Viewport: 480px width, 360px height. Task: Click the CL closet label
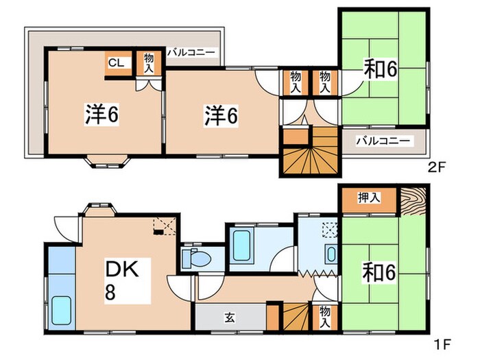point(115,62)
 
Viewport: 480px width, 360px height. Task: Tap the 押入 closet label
point(369,198)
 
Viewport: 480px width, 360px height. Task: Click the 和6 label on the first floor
point(379,273)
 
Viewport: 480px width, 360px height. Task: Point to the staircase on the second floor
point(310,151)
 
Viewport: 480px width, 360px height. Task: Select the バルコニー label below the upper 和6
point(383,141)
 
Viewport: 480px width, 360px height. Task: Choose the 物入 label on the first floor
point(325,316)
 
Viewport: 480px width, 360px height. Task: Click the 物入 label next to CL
point(149,63)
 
